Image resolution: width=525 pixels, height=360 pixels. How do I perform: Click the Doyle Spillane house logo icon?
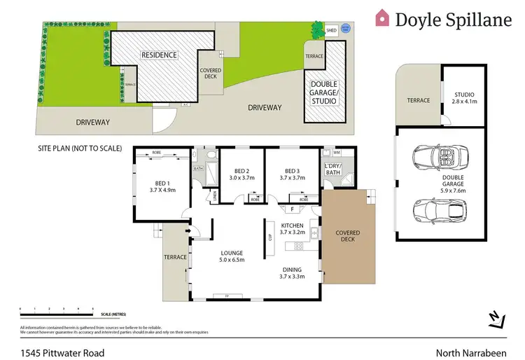[382, 18]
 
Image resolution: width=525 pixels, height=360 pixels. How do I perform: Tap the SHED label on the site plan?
[331, 31]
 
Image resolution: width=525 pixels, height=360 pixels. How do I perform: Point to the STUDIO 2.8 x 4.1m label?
[464, 97]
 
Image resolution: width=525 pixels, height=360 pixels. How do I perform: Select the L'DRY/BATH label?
[333, 169]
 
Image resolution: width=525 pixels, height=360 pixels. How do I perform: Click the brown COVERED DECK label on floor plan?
[347, 237]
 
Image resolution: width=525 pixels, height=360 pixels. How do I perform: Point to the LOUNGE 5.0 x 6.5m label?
[231, 257]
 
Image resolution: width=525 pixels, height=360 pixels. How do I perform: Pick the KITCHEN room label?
[293, 226]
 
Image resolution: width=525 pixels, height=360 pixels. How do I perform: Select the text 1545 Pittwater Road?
[62, 353]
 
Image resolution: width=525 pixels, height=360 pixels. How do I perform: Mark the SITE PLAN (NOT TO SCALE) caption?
[80, 148]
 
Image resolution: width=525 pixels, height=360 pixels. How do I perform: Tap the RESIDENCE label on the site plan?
[160, 55]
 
